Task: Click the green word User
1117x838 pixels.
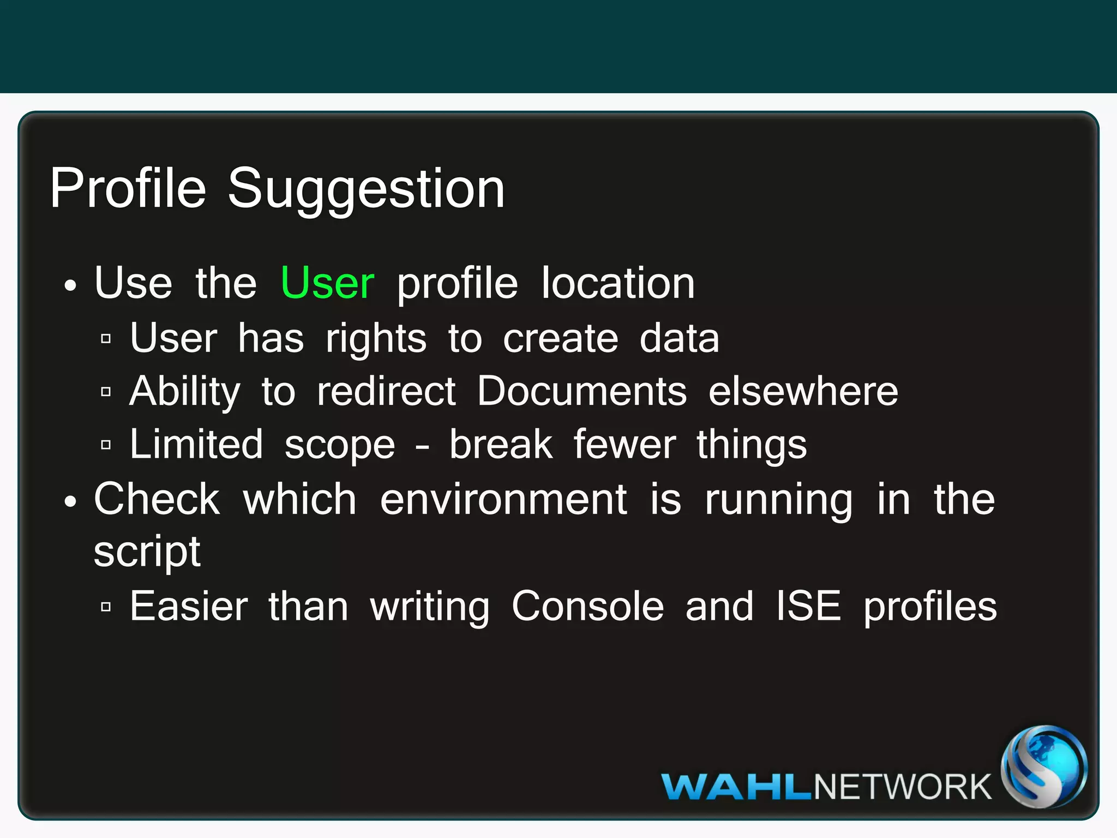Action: (x=328, y=283)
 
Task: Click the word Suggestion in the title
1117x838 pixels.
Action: (x=366, y=189)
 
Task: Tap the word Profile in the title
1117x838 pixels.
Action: (x=128, y=189)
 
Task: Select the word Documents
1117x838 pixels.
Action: (x=582, y=391)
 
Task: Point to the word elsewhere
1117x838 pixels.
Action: (x=803, y=391)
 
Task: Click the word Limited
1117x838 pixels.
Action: (x=196, y=444)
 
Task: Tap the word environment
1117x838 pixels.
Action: (x=503, y=499)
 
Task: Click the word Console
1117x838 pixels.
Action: (x=588, y=606)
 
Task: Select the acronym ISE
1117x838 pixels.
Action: (x=808, y=606)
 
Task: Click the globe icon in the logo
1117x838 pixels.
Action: (x=1044, y=767)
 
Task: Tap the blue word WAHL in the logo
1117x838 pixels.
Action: (x=737, y=787)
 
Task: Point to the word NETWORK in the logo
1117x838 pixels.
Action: (x=902, y=787)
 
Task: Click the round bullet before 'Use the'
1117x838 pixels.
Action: (x=70, y=285)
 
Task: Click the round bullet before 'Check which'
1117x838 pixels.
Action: (x=70, y=501)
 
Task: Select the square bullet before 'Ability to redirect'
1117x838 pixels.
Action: (x=106, y=392)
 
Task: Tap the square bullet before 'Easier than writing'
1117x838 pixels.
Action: (x=106, y=607)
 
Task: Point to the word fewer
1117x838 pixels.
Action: (x=624, y=444)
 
